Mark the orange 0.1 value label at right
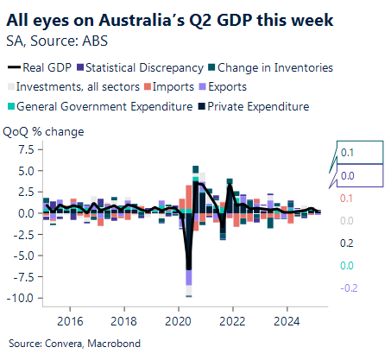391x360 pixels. click(x=347, y=199)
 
